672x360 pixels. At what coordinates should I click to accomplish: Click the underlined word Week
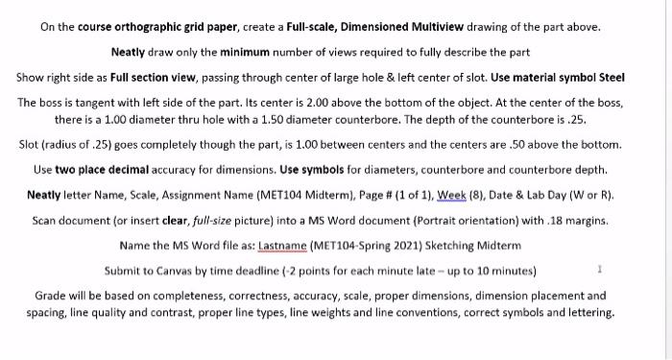pos(453,194)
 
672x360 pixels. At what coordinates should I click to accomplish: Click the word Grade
pos(51,295)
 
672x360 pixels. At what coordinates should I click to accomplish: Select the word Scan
pos(47,220)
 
